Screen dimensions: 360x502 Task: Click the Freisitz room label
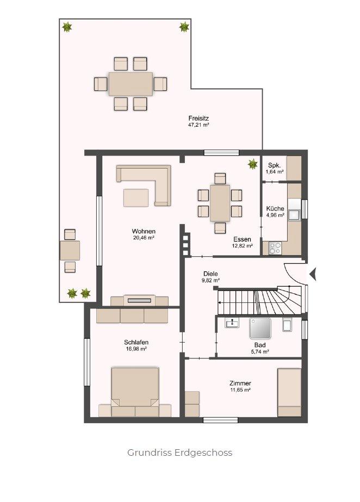click(198, 118)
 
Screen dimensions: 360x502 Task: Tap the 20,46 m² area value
click(144, 238)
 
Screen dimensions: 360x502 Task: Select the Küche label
click(275, 208)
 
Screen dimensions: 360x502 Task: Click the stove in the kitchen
click(275, 248)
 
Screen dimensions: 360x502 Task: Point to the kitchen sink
click(294, 215)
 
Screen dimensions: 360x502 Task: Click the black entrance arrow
click(313, 274)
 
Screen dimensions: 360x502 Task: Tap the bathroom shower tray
click(260, 328)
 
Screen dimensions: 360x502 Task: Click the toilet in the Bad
click(287, 325)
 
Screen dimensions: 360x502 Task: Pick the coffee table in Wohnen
click(136, 198)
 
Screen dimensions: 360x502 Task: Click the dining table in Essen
click(220, 203)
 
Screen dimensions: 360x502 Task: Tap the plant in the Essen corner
click(252, 164)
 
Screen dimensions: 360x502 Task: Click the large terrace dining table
click(131, 84)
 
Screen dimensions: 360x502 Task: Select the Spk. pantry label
click(274, 165)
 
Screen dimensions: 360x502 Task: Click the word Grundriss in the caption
click(150, 453)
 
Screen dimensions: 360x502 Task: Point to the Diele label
click(210, 274)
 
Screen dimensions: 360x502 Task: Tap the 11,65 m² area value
click(240, 390)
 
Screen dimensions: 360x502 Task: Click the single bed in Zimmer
click(289, 393)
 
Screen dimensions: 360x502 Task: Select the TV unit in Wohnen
click(139, 300)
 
